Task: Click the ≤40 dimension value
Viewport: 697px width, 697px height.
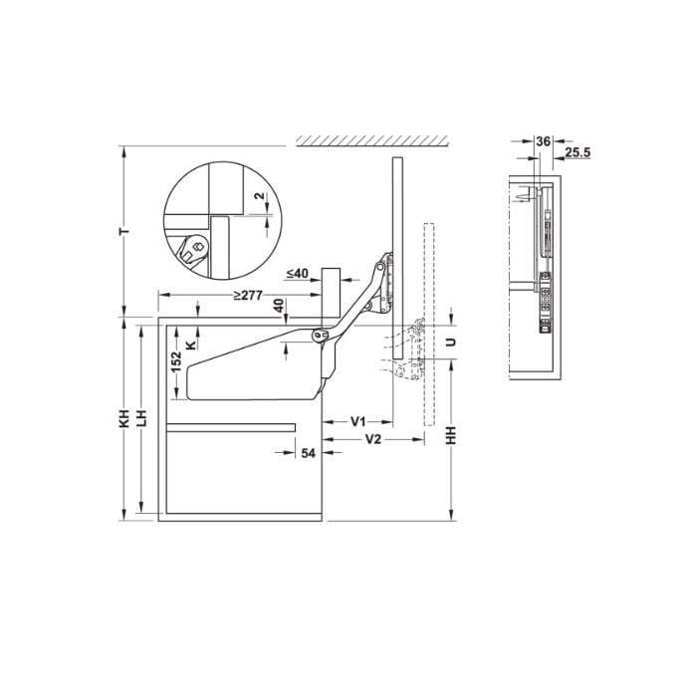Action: pyautogui.click(x=297, y=273)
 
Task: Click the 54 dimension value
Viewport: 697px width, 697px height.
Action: pyautogui.click(x=308, y=453)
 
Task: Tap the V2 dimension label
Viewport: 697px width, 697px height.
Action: pyautogui.click(x=374, y=439)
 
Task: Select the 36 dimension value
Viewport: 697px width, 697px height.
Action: pyautogui.click(x=542, y=141)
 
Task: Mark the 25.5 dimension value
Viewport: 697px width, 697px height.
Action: pyautogui.click(x=577, y=152)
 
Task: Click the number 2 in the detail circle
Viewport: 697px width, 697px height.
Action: pyautogui.click(x=259, y=196)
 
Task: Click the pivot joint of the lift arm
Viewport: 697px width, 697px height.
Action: pyautogui.click(x=320, y=337)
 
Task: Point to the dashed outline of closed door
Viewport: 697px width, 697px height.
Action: pyautogui.click(x=430, y=329)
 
